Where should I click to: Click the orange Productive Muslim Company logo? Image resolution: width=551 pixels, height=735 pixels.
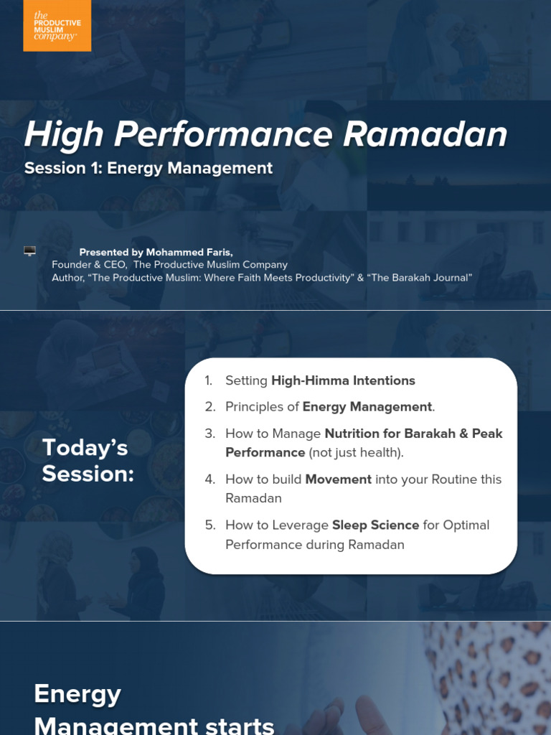click(x=57, y=26)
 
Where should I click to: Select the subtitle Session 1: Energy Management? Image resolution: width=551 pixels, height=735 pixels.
click(x=149, y=168)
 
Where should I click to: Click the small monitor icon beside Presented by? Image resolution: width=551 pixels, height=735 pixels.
click(x=29, y=251)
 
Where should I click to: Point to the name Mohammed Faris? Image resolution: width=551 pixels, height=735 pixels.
click(x=189, y=252)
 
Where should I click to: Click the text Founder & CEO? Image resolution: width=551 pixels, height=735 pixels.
click(x=89, y=265)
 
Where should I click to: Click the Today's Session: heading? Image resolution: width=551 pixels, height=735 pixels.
click(x=88, y=460)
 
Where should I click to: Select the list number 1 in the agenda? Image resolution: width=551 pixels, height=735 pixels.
click(x=209, y=380)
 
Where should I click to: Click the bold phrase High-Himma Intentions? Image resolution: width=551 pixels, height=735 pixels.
click(x=343, y=380)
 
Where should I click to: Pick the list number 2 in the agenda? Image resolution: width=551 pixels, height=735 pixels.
click(x=209, y=407)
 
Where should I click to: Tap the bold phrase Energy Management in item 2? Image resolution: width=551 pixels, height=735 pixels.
click(x=367, y=407)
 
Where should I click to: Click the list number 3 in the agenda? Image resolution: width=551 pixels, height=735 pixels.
click(x=209, y=434)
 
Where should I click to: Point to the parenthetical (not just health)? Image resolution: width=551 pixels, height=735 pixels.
click(x=356, y=453)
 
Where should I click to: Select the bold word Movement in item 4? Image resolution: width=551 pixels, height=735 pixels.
click(x=338, y=479)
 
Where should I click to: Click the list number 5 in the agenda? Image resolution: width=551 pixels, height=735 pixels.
click(x=209, y=525)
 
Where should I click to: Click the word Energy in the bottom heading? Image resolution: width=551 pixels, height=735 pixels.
click(x=77, y=693)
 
